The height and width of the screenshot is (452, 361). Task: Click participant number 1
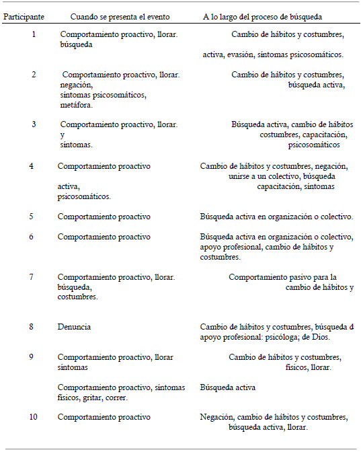pyautogui.click(x=34, y=34)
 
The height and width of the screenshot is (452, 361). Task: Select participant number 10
pyautogui.click(x=34, y=416)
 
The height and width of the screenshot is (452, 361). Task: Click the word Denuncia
pyautogui.click(x=73, y=327)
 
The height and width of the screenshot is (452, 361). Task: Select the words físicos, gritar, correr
pyautogui.click(x=93, y=398)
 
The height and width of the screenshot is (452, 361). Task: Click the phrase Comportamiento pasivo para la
pyautogui.click(x=282, y=276)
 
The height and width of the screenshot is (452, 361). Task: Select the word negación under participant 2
pyautogui.click(x=76, y=85)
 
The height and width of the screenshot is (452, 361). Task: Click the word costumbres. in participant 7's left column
pyautogui.click(x=77, y=297)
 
